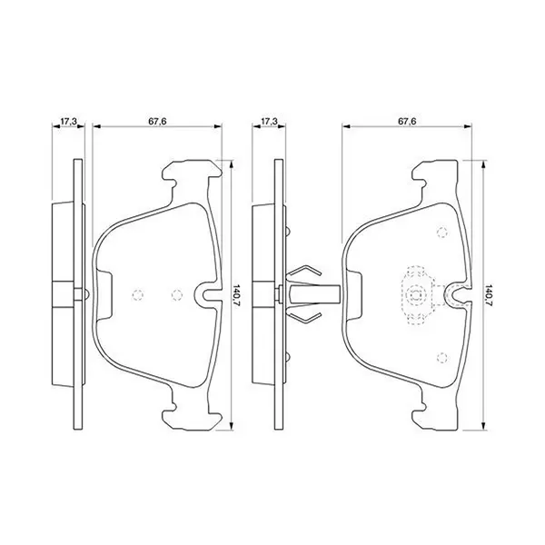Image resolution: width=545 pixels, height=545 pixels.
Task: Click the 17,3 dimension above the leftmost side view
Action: pyautogui.click(x=68, y=122)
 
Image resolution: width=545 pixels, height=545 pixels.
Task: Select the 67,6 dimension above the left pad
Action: pyautogui.click(x=157, y=122)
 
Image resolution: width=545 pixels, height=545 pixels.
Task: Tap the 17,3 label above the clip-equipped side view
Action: pyautogui.click(x=270, y=122)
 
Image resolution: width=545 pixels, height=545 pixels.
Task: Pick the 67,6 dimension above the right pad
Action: pyautogui.click(x=407, y=122)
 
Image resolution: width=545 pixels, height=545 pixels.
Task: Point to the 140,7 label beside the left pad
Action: pyautogui.click(x=237, y=294)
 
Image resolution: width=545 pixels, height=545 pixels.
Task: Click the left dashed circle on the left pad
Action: pyautogui.click(x=138, y=294)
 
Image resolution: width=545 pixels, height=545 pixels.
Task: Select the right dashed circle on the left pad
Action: pyautogui.click(x=176, y=294)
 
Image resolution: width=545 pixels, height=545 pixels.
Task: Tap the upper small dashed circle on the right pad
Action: pyautogui.click(x=441, y=233)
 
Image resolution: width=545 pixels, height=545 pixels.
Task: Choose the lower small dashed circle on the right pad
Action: pyautogui.click(x=441, y=357)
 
